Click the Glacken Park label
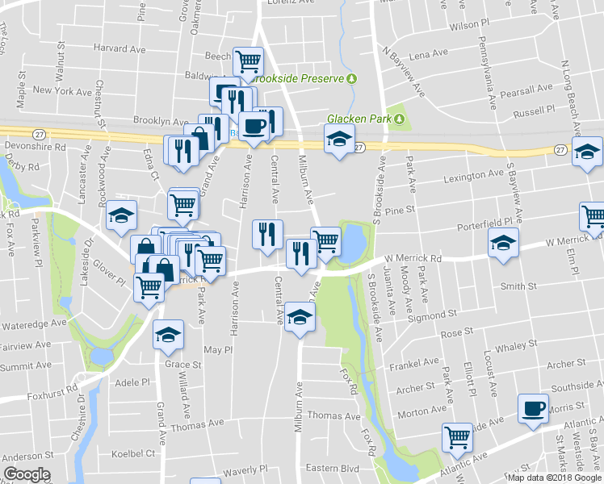click(x=359, y=119)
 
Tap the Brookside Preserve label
click(x=300, y=78)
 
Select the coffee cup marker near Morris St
click(x=534, y=408)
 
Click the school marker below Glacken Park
click(x=340, y=140)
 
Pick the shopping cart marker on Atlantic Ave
click(x=457, y=436)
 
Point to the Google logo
click(x=27, y=474)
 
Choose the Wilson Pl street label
click(x=469, y=26)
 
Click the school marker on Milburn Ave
click(x=299, y=317)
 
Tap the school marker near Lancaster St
click(x=121, y=214)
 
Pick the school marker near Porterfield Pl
click(x=502, y=244)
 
